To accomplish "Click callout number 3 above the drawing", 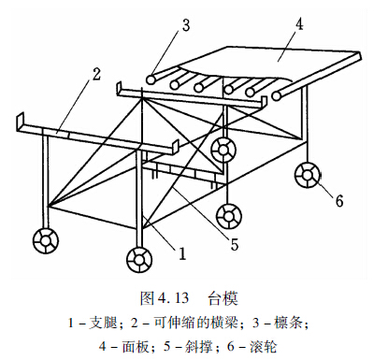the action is pos(186,26).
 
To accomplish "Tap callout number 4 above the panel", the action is pos(299,23).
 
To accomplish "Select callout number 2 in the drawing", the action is pos(96,75).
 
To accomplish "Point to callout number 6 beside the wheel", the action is pos(339,201).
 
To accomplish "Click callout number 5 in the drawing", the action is pos(235,244).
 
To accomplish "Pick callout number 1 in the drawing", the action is pos(182,253).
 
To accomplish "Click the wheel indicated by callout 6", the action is pos(308,175).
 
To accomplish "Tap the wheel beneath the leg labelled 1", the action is pos(139,260).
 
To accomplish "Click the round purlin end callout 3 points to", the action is pos(151,79).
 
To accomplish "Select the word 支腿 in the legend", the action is pos(103,323).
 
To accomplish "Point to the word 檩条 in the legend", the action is pos(288,323).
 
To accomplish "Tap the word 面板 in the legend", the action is pos(136,347).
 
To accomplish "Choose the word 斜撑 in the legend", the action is pos(199,347).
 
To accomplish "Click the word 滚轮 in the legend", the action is pos(263,347).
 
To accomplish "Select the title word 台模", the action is pos(223,298).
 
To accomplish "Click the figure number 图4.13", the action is pos(165,298).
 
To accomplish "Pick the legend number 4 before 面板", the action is pos(103,347).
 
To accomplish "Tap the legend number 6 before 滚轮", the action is pos(231,347).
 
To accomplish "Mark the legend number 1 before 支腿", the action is pos(71,323).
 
